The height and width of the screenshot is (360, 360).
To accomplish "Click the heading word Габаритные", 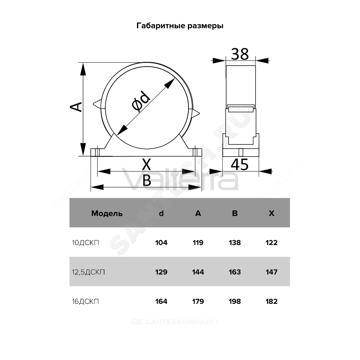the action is [161, 26].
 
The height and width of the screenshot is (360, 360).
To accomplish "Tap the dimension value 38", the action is [240, 54].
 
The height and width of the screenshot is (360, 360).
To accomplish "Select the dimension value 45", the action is [240, 165].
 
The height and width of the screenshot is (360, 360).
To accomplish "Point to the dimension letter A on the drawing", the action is [76, 107].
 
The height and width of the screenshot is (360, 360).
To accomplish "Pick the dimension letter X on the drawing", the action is [147, 164].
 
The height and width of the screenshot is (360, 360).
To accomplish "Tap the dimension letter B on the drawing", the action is [147, 180].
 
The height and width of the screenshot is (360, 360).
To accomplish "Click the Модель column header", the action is [107, 213].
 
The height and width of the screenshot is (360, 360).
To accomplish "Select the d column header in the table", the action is [161, 213].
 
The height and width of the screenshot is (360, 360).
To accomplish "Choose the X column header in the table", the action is [271, 213].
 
